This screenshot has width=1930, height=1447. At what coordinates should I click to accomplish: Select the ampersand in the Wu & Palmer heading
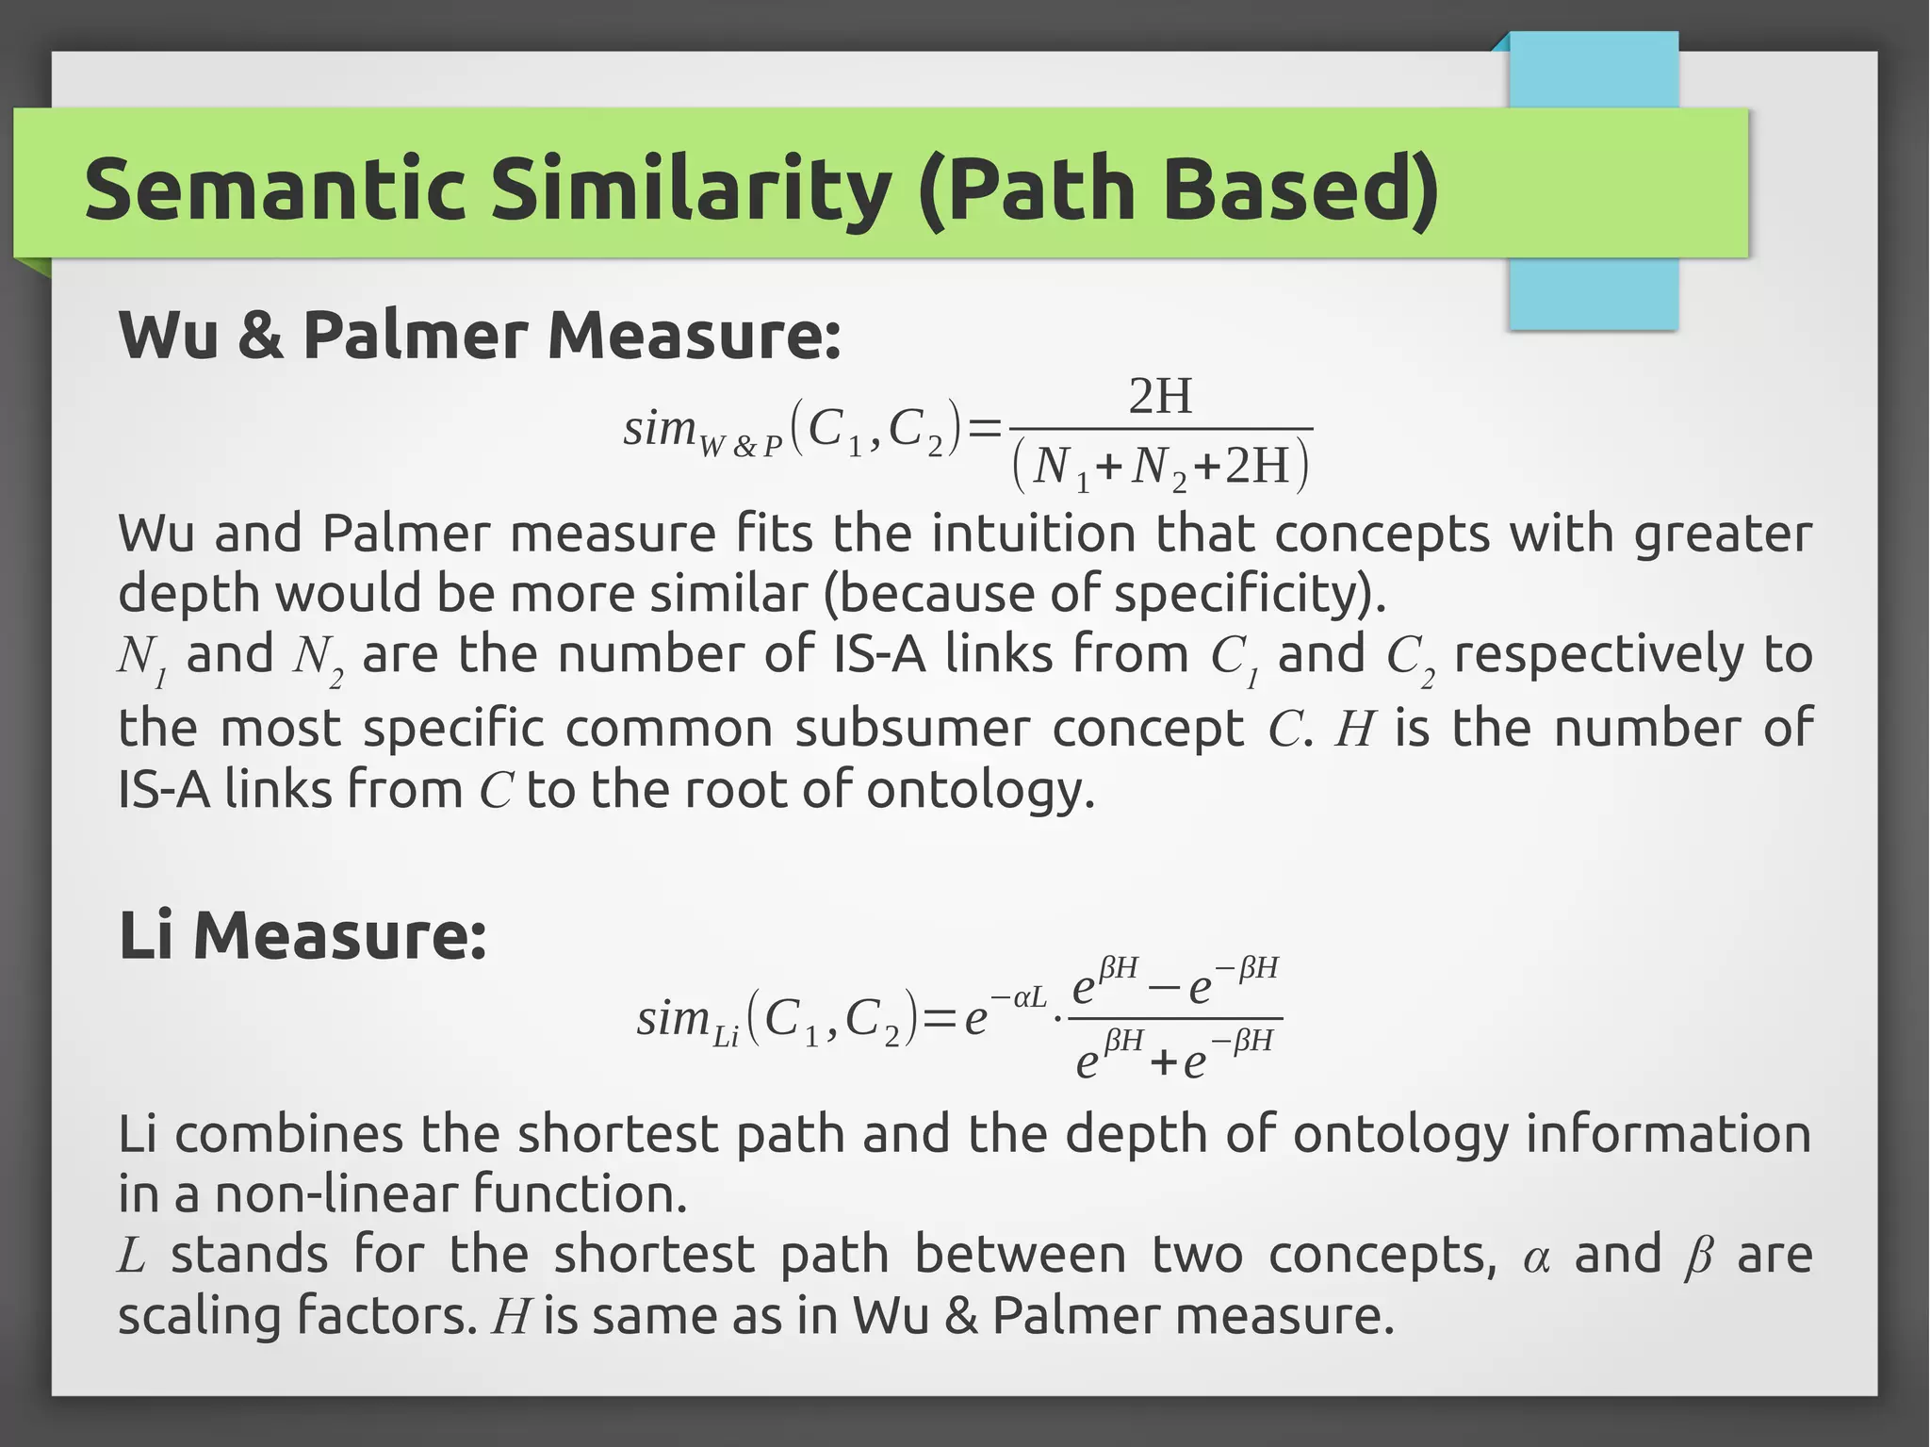point(260,337)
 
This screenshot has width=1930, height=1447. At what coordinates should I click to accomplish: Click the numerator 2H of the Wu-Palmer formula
point(1160,396)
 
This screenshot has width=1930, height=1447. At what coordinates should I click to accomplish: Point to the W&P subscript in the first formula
point(742,446)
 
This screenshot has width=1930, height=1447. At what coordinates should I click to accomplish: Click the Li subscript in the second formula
point(726,1039)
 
